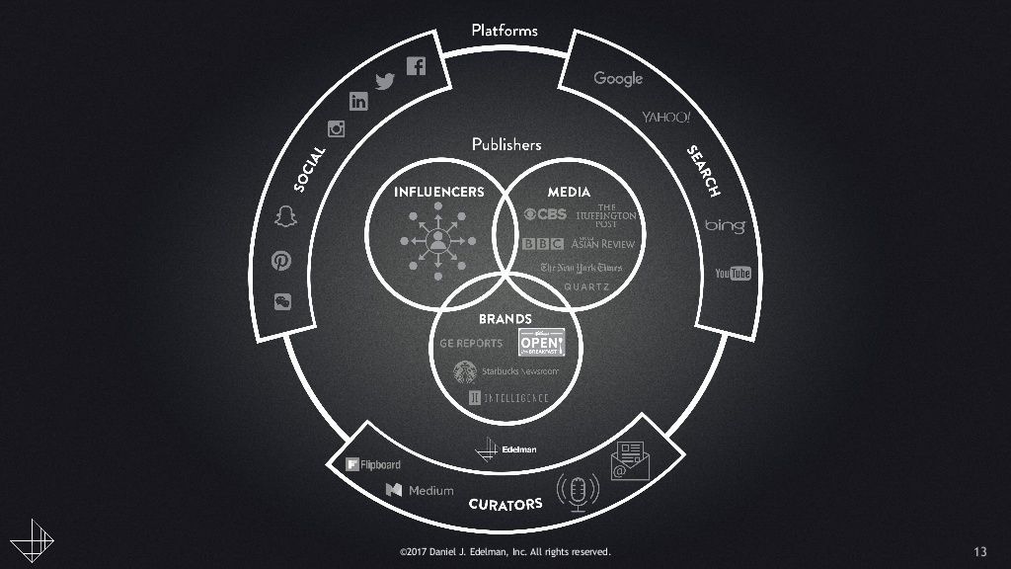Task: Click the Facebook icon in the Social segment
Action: click(416, 66)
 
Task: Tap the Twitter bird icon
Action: click(385, 82)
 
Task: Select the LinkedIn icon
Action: click(358, 101)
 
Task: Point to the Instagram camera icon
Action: click(337, 128)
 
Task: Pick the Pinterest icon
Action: click(281, 261)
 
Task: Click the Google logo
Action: click(618, 79)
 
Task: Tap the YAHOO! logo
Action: click(666, 118)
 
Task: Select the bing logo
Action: click(725, 227)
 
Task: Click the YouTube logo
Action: click(733, 273)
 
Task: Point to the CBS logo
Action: click(545, 214)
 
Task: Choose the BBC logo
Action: click(543, 244)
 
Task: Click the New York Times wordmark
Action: click(582, 268)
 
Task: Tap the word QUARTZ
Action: click(587, 287)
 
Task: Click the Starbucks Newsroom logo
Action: click(505, 371)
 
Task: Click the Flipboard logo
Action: click(371, 464)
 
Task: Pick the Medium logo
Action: click(420, 490)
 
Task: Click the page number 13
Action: click(979, 551)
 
